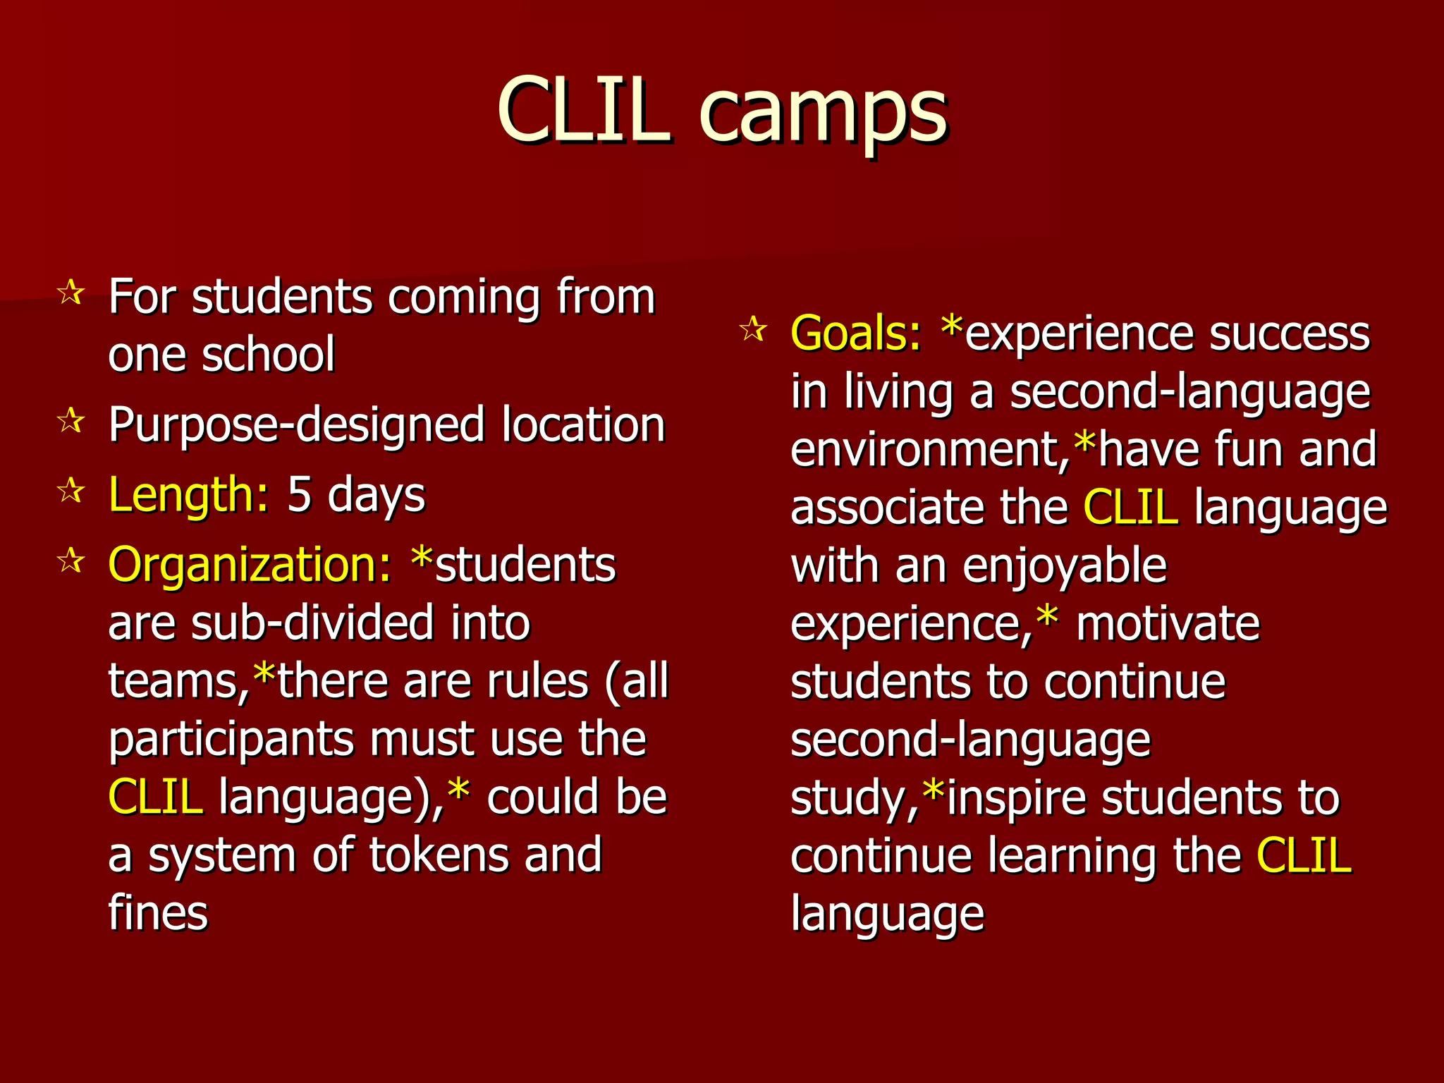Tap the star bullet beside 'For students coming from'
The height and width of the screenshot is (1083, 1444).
71,292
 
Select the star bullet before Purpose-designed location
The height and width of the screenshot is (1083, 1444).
71,421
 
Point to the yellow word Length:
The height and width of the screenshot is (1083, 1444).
188,494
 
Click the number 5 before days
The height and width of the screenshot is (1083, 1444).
299,494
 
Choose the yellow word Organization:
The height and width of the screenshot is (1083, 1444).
250,565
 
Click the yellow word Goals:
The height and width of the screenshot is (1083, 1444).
855,333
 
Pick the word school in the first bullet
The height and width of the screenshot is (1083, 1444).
268,355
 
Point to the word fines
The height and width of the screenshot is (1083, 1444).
158,913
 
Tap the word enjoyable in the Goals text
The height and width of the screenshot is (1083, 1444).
1065,567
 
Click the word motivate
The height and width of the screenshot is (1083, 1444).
1168,624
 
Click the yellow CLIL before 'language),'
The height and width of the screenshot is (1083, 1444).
156,797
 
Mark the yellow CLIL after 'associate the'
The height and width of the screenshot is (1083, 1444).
1130,508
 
